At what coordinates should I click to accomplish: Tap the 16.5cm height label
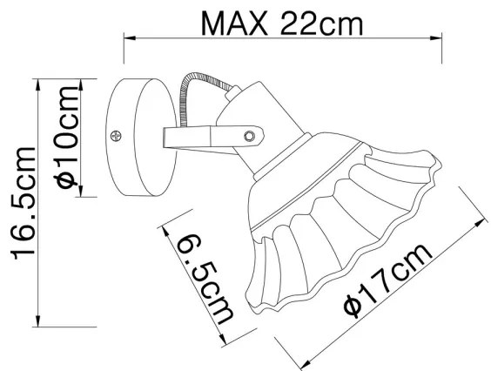click(19, 202)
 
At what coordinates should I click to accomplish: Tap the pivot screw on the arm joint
click(251, 136)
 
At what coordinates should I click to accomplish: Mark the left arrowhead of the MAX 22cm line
click(128, 37)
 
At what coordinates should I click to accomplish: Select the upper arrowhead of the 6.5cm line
click(165, 230)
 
